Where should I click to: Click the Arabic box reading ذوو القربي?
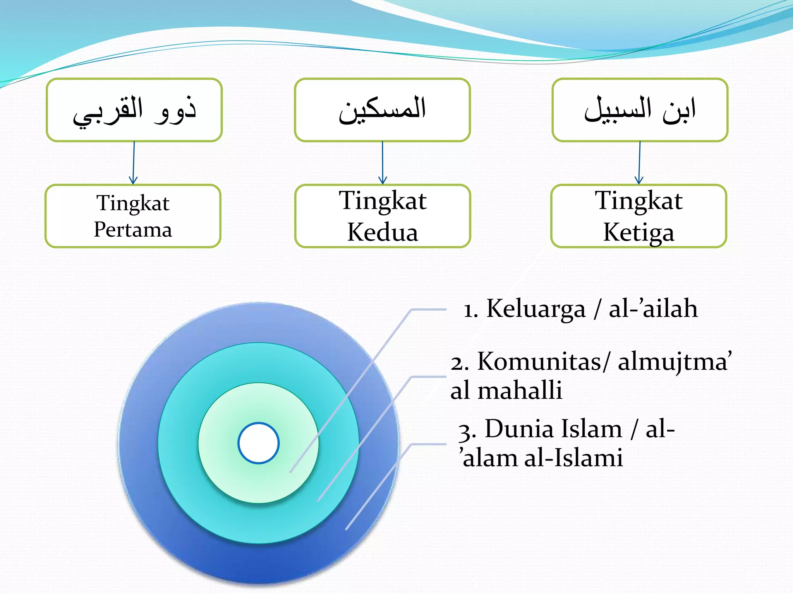coord(134,110)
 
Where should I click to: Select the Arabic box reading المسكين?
coord(382,110)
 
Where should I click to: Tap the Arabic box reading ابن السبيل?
coord(640,110)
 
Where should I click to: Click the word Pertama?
coord(133,230)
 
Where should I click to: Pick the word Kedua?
coord(383,232)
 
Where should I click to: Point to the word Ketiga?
coord(639,232)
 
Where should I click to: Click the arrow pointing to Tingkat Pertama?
coord(134,162)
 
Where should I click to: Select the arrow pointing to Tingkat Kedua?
coord(383,162)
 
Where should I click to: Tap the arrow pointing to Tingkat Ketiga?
coord(639,162)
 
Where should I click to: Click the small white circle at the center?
coord(258,443)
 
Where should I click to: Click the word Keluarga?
coord(536,309)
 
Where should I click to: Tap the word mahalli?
coord(520,391)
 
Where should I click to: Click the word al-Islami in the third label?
coord(573,458)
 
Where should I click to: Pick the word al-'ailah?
coord(653,309)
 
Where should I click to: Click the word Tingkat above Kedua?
coord(383,201)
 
